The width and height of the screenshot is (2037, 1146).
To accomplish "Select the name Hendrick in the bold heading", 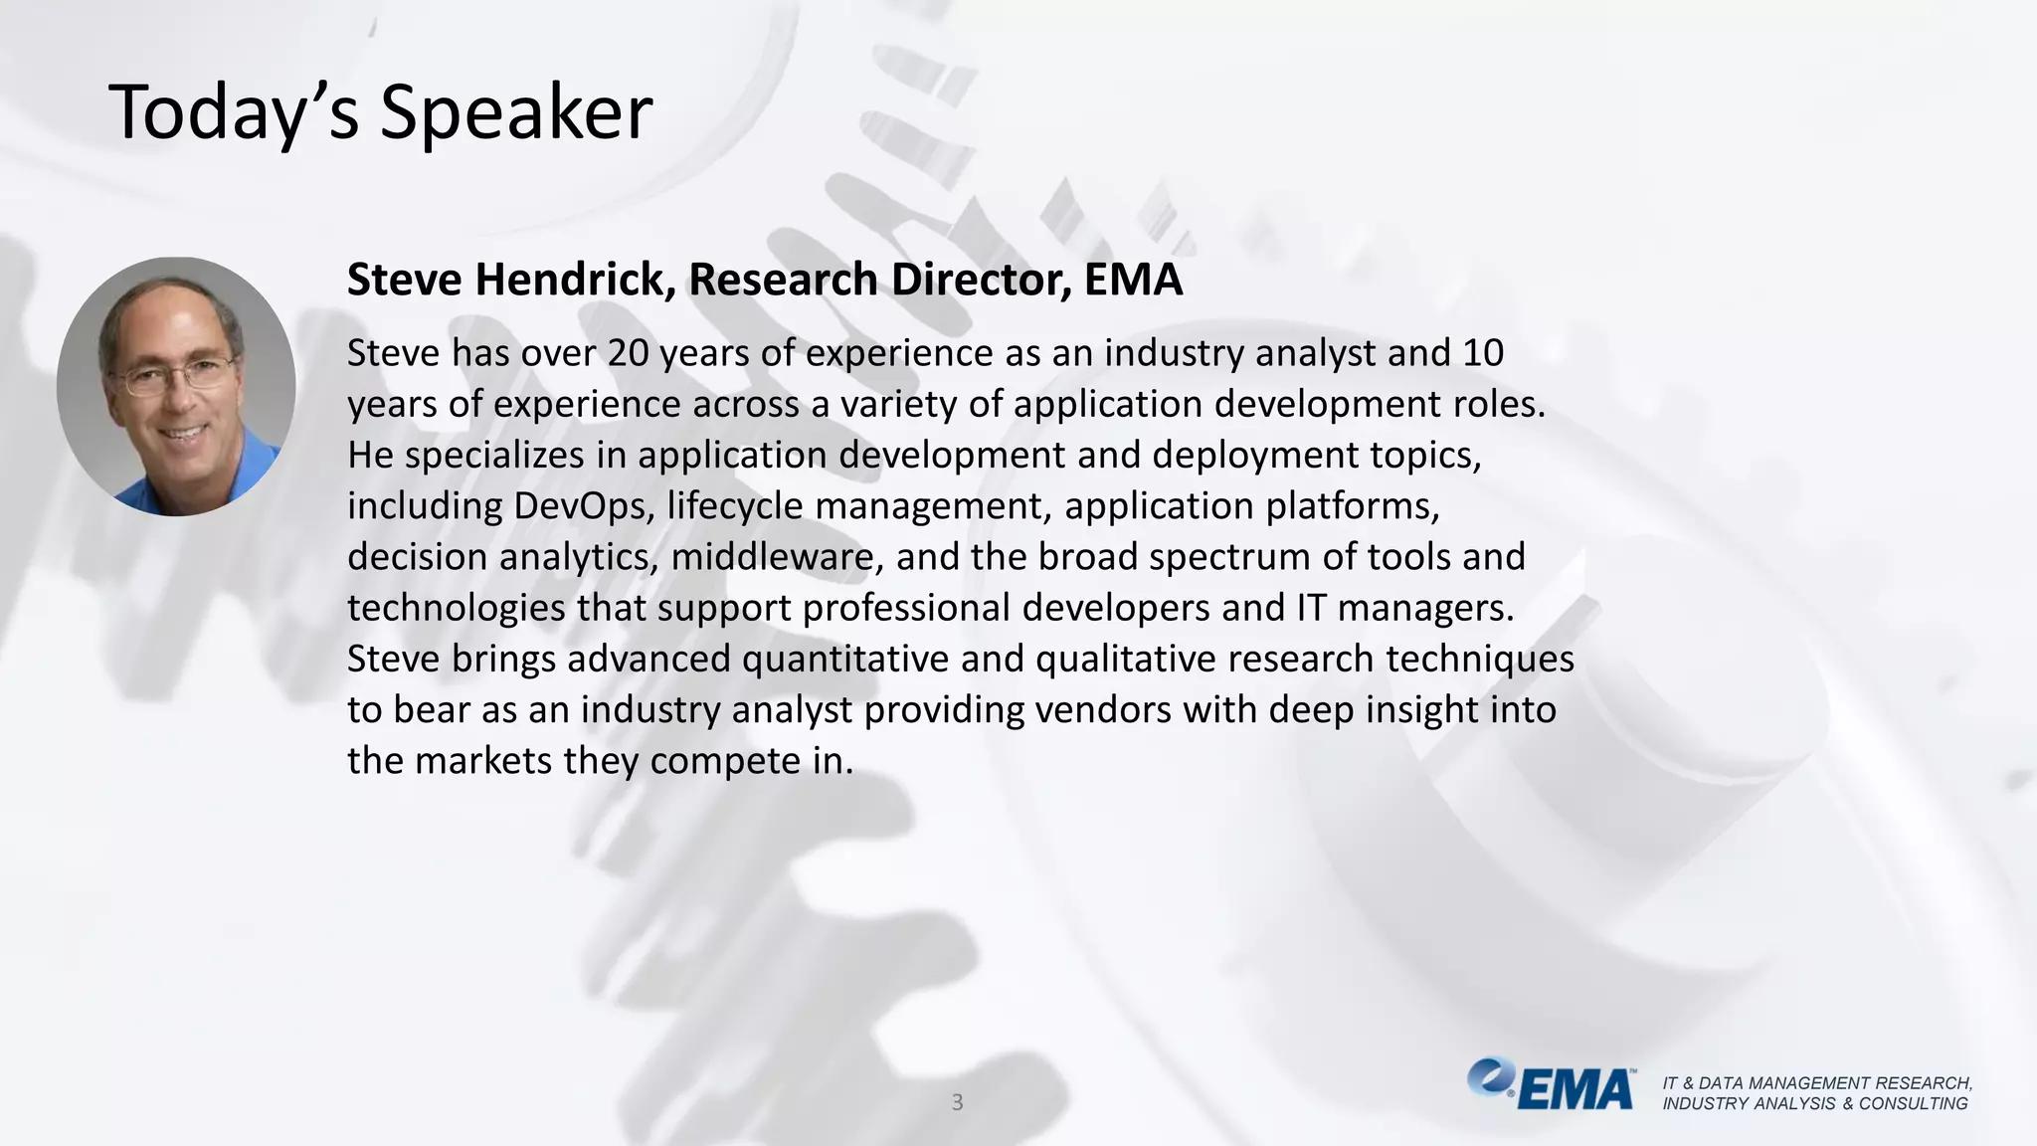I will tap(575, 280).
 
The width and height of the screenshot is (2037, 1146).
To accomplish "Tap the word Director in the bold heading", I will tap(981, 280).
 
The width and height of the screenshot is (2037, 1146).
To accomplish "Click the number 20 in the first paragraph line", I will tap(628, 353).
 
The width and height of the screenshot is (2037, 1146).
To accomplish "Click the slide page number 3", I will tap(957, 1102).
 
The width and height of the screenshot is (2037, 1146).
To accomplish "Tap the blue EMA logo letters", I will tap(1575, 1090).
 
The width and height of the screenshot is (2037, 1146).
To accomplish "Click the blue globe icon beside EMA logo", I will tap(1489, 1076).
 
